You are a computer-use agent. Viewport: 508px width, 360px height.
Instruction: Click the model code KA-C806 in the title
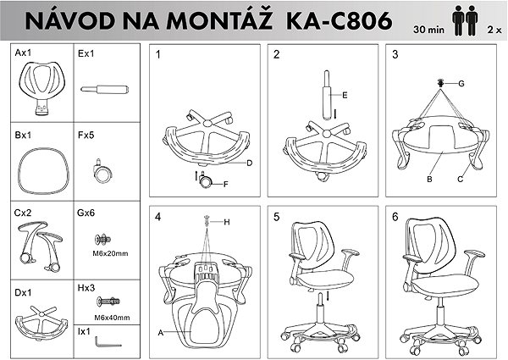point(340,20)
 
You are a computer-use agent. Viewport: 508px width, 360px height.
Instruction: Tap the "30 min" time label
point(428,30)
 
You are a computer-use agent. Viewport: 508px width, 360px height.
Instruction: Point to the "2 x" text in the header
point(494,30)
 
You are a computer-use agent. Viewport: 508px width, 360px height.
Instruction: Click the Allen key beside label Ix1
point(108,342)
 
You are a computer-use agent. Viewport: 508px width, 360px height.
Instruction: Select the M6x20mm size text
point(110,253)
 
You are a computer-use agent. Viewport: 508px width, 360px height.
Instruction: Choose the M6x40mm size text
point(112,318)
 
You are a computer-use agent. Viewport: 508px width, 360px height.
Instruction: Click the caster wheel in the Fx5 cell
point(102,171)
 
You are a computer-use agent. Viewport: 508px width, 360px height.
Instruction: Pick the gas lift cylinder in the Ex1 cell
point(105,89)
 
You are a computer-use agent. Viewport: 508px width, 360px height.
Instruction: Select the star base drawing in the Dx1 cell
point(41,324)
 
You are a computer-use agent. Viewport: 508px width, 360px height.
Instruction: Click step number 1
point(157,54)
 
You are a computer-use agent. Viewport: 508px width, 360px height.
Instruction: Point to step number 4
point(157,217)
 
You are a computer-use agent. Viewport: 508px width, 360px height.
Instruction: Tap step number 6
point(395,217)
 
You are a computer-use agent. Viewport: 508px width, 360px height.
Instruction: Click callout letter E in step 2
point(345,95)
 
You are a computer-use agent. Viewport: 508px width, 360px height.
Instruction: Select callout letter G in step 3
point(461,84)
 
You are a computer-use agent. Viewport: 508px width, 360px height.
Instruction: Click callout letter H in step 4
point(227,222)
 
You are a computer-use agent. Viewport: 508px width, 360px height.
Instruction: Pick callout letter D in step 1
point(249,163)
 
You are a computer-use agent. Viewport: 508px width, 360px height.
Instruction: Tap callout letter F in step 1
point(226,185)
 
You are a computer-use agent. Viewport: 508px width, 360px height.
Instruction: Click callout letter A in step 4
point(161,332)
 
